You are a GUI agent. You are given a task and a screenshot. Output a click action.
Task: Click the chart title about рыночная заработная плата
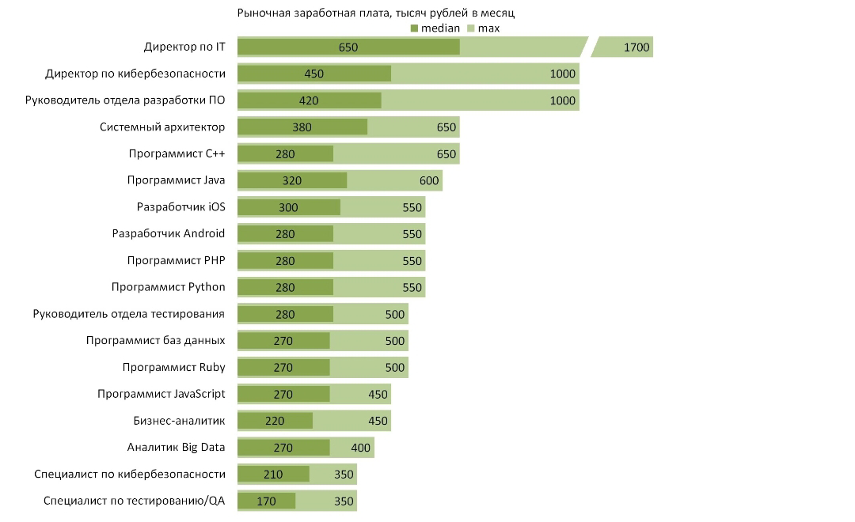(x=376, y=13)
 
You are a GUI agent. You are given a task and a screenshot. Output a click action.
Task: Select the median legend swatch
(x=414, y=28)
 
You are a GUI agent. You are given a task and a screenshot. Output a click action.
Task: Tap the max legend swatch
(x=471, y=28)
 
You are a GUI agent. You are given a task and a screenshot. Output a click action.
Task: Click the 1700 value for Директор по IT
(x=636, y=47)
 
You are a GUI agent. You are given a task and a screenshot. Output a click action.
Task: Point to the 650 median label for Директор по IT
(x=348, y=47)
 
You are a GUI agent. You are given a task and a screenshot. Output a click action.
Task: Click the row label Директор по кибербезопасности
(x=135, y=74)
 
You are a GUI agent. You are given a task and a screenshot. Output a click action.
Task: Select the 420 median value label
(x=309, y=100)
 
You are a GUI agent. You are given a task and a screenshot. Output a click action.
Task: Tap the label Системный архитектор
(x=162, y=127)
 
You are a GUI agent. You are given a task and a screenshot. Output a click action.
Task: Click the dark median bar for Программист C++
(x=285, y=153)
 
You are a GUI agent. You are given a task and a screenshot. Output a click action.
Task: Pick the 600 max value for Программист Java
(x=429, y=181)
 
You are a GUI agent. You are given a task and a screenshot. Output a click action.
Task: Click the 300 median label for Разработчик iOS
(x=288, y=207)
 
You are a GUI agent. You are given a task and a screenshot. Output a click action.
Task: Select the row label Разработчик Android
(x=169, y=234)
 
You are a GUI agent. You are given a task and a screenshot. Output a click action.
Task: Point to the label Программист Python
(x=168, y=287)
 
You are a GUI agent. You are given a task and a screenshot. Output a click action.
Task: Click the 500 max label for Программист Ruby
(x=395, y=368)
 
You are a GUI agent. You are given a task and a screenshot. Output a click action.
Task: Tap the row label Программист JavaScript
(x=161, y=394)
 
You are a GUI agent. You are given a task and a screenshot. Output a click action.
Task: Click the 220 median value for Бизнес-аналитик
(x=275, y=422)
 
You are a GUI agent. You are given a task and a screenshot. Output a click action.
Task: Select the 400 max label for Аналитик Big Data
(x=360, y=448)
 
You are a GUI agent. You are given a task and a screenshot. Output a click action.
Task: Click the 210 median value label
(x=273, y=475)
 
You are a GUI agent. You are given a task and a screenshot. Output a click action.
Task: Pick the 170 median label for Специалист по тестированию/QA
(x=267, y=501)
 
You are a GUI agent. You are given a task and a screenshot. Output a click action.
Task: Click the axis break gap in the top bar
(x=590, y=47)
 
